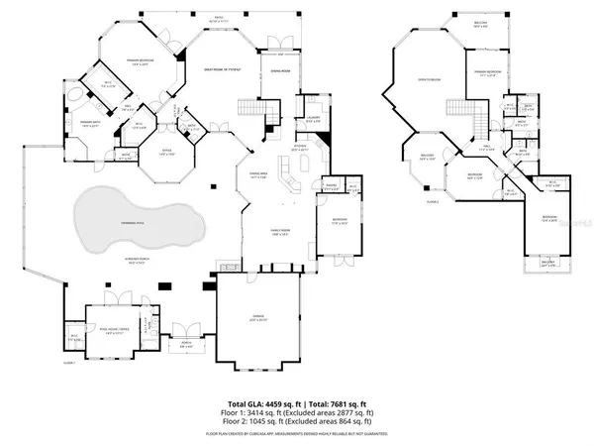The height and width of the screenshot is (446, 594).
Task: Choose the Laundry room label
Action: (313, 120)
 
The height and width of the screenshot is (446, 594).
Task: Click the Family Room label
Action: (266, 230)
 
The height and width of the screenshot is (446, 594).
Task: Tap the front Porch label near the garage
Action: (184, 344)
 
